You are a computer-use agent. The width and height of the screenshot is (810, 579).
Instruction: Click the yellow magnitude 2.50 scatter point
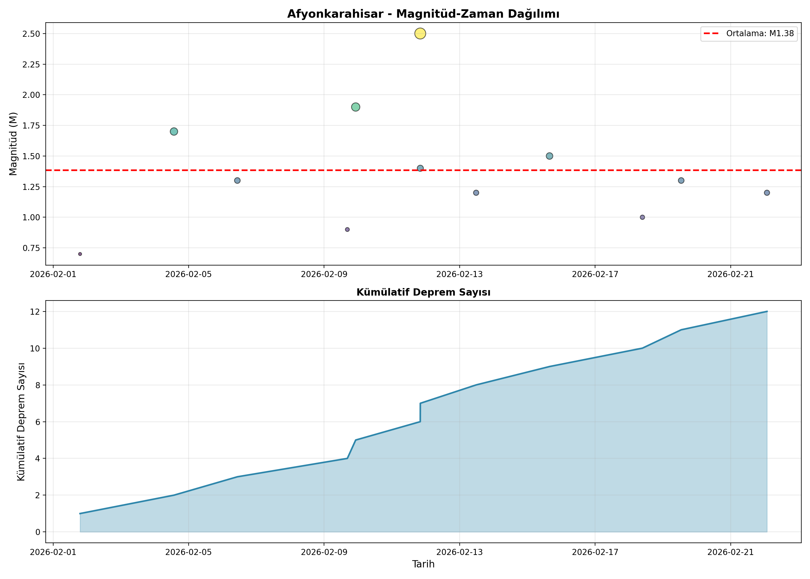(420, 34)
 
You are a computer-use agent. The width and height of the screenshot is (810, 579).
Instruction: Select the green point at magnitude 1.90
(356, 107)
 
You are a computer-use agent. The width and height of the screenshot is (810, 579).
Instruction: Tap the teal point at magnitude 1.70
(174, 131)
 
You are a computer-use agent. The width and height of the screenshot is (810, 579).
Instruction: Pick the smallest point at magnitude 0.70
(80, 254)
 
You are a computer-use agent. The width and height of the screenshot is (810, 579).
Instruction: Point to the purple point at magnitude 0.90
(347, 230)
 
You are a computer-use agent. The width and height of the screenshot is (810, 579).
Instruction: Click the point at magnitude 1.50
(549, 156)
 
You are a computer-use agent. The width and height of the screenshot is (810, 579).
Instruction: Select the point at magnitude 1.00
(642, 217)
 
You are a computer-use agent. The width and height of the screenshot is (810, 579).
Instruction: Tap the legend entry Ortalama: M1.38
(749, 34)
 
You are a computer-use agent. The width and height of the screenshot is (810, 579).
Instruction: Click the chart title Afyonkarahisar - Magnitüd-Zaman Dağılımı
(423, 14)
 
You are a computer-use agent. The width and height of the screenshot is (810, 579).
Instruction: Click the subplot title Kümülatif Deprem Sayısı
(423, 292)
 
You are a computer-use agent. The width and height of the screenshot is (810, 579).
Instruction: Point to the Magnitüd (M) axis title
(13, 144)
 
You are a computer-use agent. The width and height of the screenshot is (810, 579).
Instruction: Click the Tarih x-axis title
(423, 564)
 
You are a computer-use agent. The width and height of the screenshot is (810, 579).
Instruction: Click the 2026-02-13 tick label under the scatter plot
(459, 274)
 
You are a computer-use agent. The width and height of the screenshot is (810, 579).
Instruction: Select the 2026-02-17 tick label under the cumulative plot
(595, 552)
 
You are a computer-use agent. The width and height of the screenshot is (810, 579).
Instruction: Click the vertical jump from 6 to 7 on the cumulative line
(420, 413)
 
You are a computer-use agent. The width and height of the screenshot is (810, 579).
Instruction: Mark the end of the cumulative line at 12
(767, 312)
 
